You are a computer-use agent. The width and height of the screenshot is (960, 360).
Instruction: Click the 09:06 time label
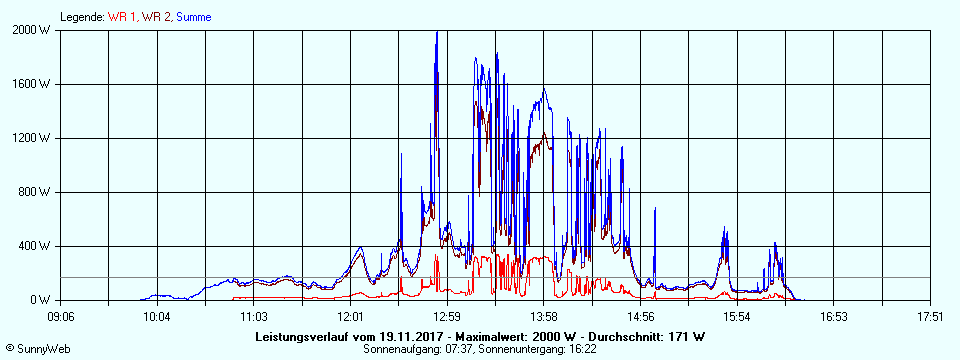(61, 316)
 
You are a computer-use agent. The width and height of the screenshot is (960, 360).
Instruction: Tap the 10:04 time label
(157, 316)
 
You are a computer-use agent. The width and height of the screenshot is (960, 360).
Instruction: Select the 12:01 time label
(351, 316)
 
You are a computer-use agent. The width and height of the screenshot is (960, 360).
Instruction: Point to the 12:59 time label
(447, 316)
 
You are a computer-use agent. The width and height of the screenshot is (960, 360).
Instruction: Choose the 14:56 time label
(641, 316)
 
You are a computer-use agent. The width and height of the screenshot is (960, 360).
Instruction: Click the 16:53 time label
(835, 316)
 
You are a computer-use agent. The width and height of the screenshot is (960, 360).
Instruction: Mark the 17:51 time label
(931, 316)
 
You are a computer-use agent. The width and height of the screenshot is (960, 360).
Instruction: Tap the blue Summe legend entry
(192, 17)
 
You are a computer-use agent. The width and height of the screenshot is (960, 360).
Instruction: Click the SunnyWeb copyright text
(37, 347)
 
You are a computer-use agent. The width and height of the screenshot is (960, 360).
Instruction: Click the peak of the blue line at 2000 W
(437, 32)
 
